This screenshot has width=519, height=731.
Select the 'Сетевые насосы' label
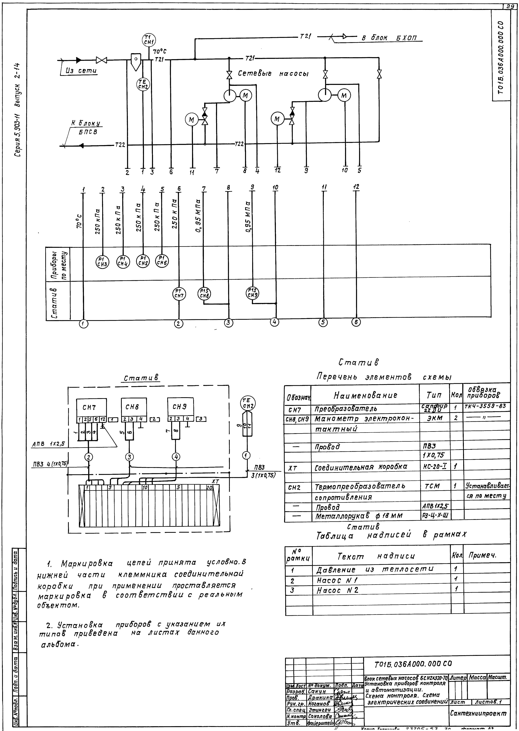[273, 74]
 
